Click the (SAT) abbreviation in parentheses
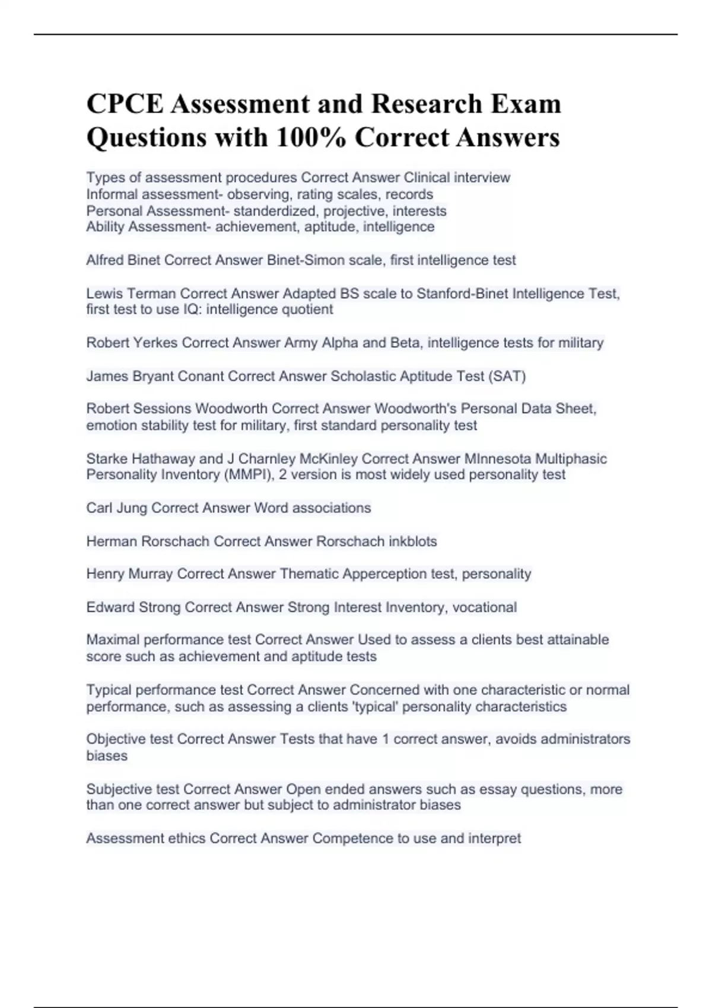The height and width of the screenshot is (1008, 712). (507, 376)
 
